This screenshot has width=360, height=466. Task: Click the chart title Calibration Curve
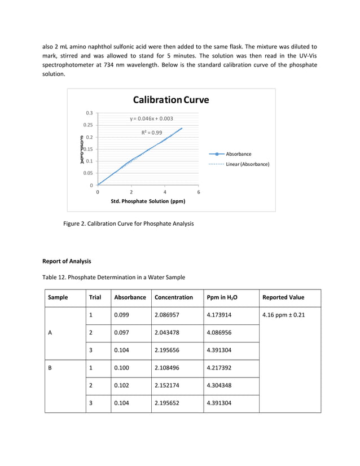170,100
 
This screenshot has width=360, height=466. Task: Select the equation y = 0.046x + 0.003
151,119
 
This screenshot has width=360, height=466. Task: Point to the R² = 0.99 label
152,133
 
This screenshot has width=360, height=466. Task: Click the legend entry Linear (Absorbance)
247,164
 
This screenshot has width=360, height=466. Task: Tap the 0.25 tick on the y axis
88,125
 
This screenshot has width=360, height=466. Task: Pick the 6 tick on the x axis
198,192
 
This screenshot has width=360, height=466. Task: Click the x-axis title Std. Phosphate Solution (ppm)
148,201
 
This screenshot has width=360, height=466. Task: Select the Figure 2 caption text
128,224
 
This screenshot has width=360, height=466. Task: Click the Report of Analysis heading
67,261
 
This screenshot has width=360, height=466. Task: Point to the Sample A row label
50,333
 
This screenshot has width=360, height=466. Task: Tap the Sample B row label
50,368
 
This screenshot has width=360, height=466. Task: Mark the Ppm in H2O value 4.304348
222,386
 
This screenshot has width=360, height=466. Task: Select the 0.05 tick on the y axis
88,173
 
